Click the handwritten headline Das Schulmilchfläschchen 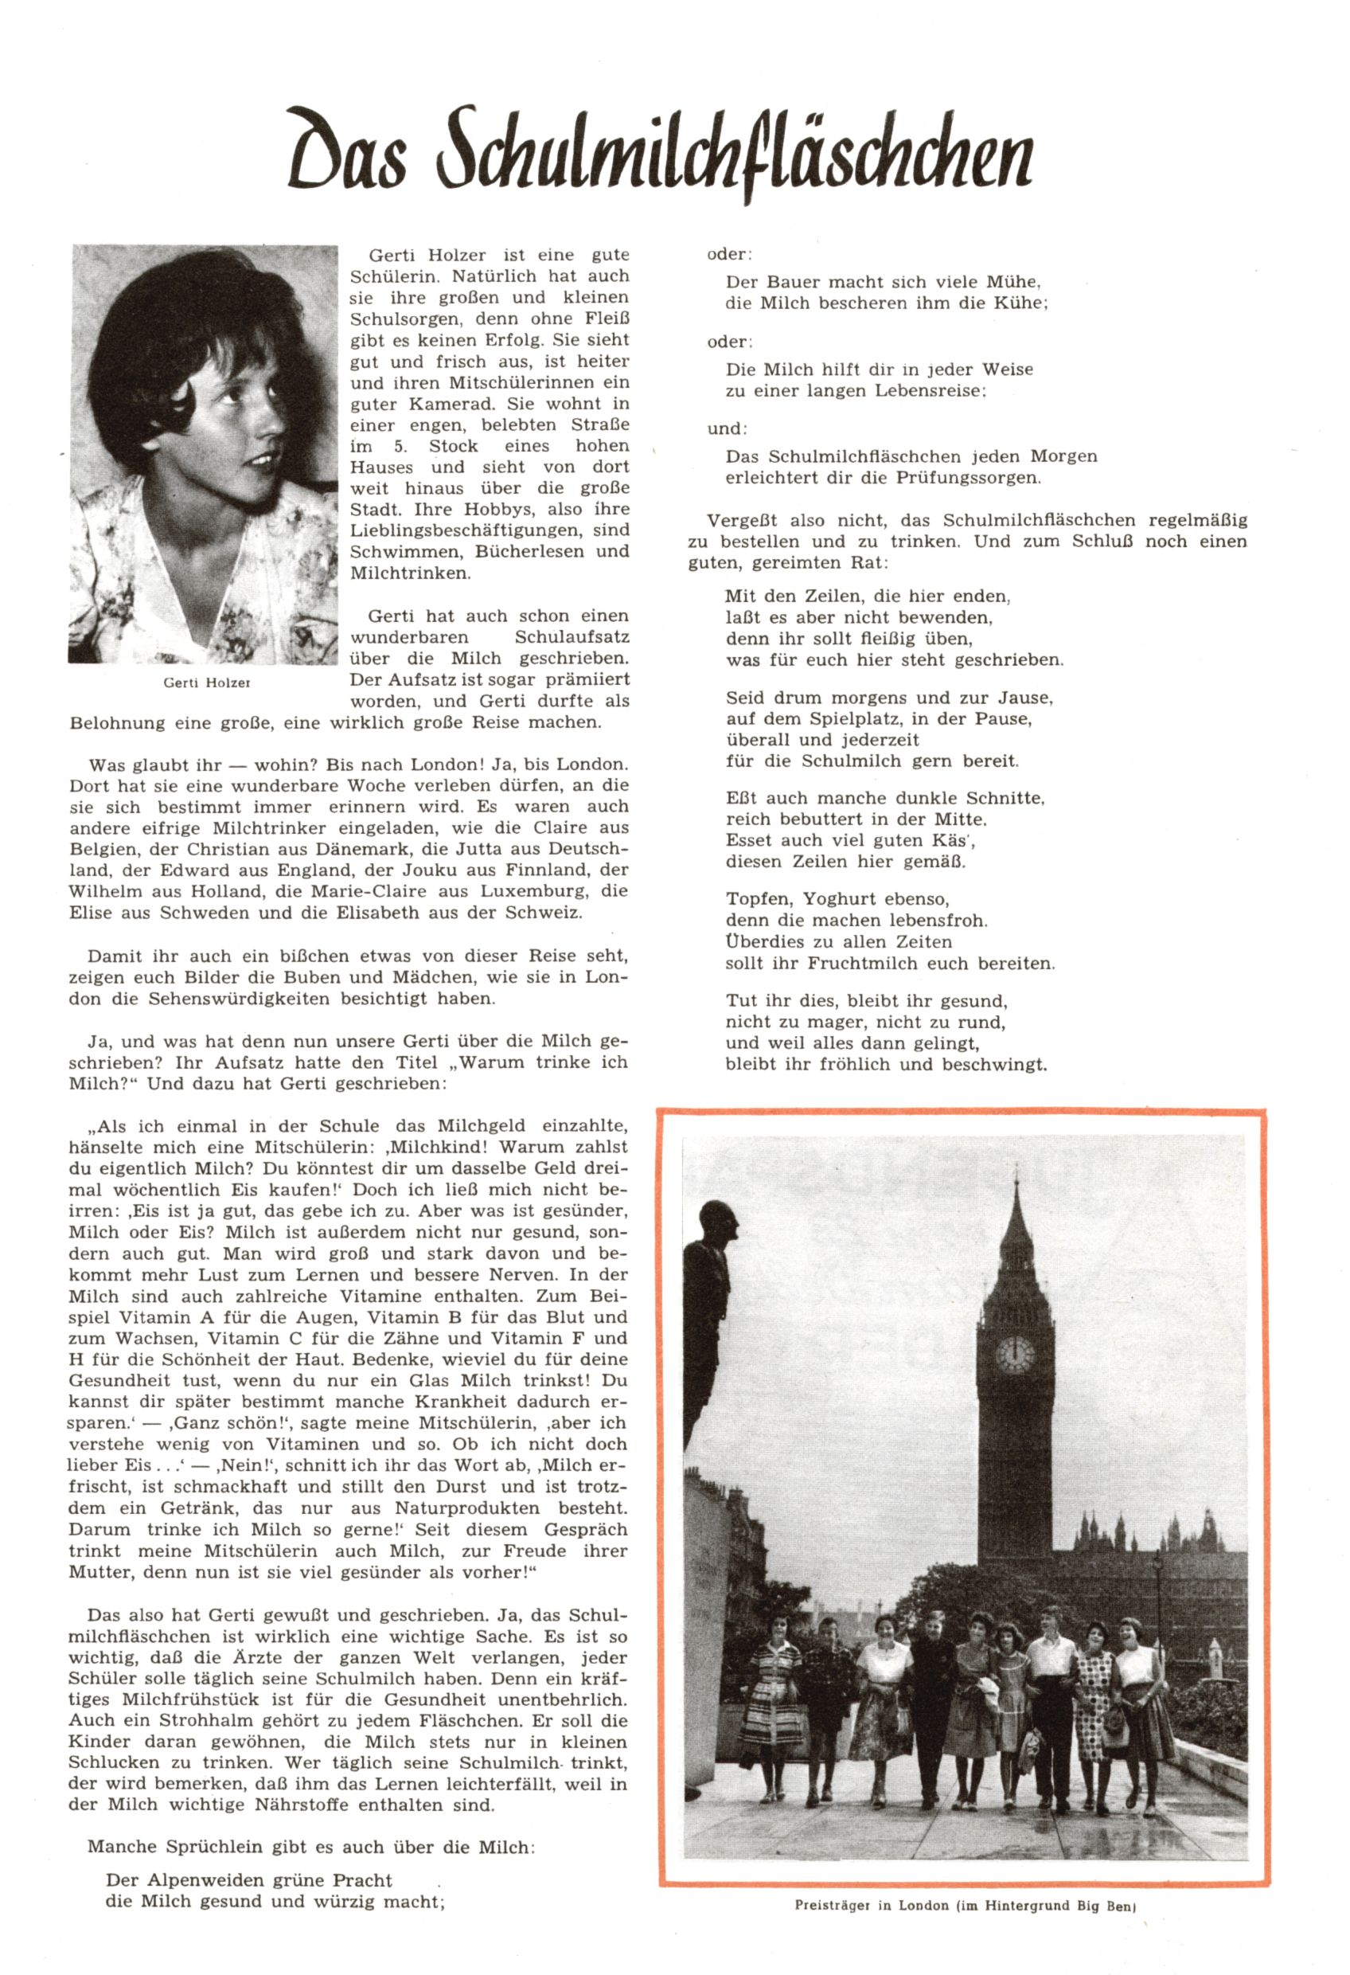click(661, 153)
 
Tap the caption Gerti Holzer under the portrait click(206, 682)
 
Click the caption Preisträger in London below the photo click(965, 1907)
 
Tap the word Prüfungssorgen click(968, 478)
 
